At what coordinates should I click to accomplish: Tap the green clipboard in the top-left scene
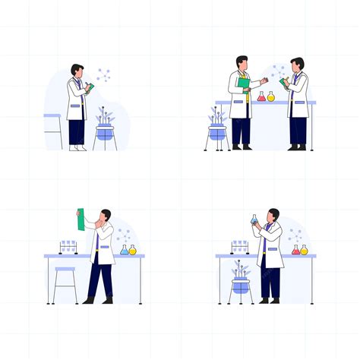pyautogui.click(x=89, y=88)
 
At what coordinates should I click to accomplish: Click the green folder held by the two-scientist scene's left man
pyautogui.click(x=244, y=84)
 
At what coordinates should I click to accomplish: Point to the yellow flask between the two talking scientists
pyautogui.click(x=271, y=96)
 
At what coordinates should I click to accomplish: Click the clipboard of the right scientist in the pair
pyautogui.click(x=284, y=81)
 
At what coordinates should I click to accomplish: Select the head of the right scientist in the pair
pyautogui.click(x=297, y=64)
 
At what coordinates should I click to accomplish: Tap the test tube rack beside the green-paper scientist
pyautogui.click(x=68, y=246)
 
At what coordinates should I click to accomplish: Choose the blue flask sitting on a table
pyautogui.click(x=125, y=249)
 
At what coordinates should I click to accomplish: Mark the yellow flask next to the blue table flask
pyautogui.click(x=133, y=249)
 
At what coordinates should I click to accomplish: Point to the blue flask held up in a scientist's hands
pyautogui.click(x=254, y=219)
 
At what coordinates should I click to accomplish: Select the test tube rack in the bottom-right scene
pyautogui.click(x=240, y=246)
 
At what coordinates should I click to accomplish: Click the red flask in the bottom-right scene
pyautogui.click(x=296, y=249)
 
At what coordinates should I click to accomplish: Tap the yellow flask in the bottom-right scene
pyautogui.click(x=305, y=249)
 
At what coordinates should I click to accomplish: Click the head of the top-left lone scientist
pyautogui.click(x=77, y=71)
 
